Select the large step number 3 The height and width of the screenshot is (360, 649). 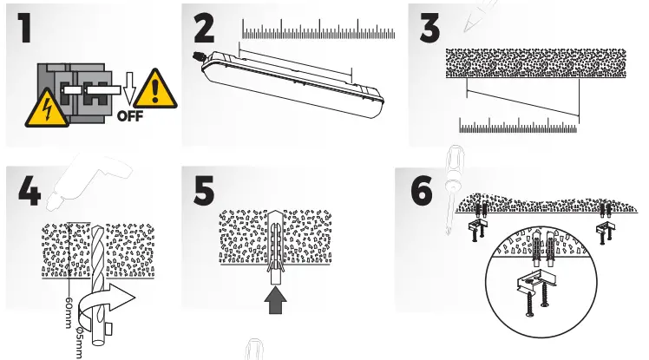point(431,27)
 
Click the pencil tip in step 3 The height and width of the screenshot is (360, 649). point(465,26)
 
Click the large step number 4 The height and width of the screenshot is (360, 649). point(29,191)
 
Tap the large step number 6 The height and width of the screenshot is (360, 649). point(421,191)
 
